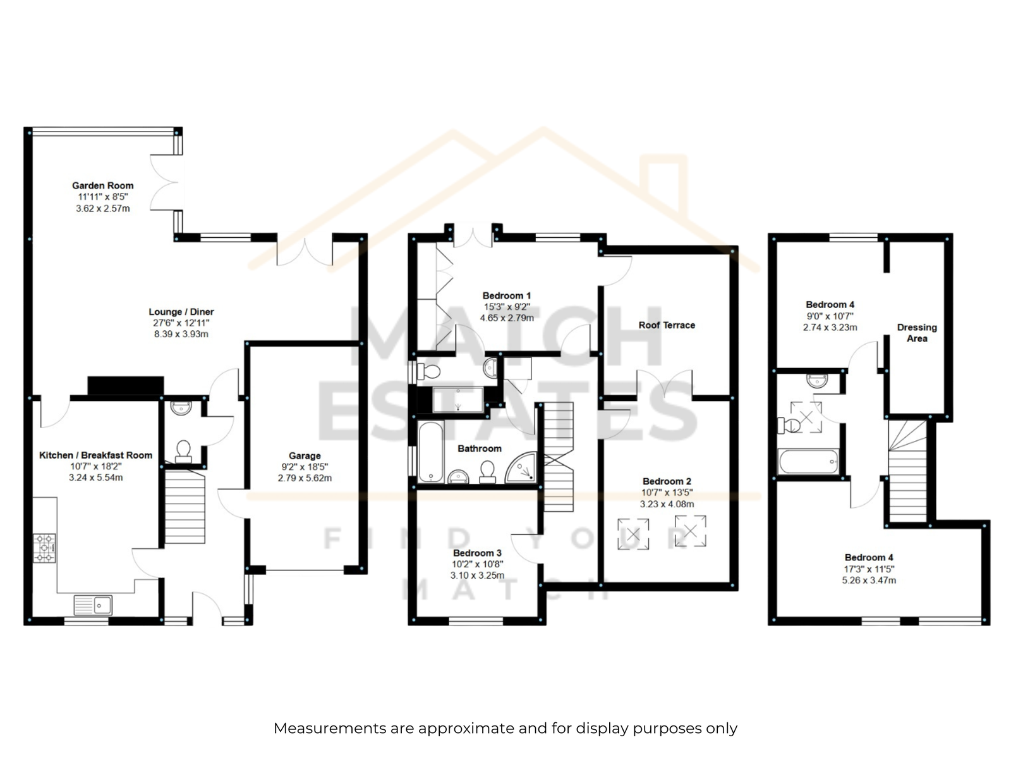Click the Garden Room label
tap(103, 186)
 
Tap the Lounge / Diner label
tap(181, 312)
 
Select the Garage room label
tap(305, 456)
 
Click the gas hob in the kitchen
tap(45, 548)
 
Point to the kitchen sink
tap(93, 605)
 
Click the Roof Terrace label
tap(667, 325)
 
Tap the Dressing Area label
tap(917, 333)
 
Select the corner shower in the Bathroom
tap(521, 467)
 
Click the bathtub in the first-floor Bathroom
tap(431, 452)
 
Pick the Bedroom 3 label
tap(477, 553)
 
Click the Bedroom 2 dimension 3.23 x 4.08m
tap(667, 504)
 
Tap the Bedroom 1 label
tap(507, 296)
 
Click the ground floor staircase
tap(185, 506)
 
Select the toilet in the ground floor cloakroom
tap(183, 451)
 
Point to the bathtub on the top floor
tap(808, 461)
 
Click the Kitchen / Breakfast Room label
tap(96, 455)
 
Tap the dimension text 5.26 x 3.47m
tap(869, 581)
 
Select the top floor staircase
tap(907, 471)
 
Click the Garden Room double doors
tap(166, 183)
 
